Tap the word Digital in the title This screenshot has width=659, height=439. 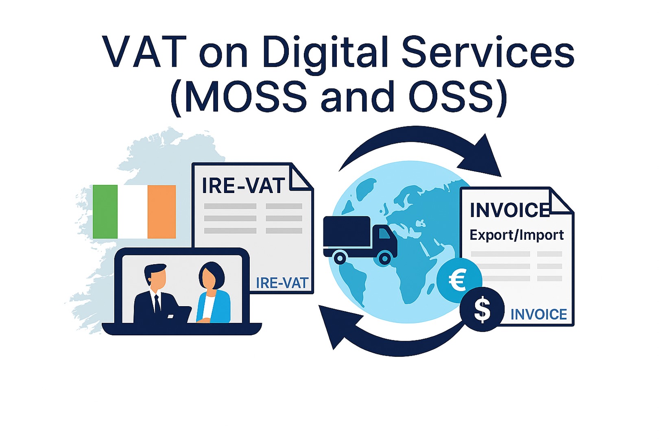325,53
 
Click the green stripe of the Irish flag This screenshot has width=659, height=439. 105,211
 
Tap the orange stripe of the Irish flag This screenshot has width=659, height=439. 161,211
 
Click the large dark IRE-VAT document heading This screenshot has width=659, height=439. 243,186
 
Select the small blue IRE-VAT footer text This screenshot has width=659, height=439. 281,283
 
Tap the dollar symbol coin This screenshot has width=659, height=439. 482,309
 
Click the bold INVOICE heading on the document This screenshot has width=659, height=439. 509,210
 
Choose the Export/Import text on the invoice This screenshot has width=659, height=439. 517,235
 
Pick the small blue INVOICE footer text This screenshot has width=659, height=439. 539,314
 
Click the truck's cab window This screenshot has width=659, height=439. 383,234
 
